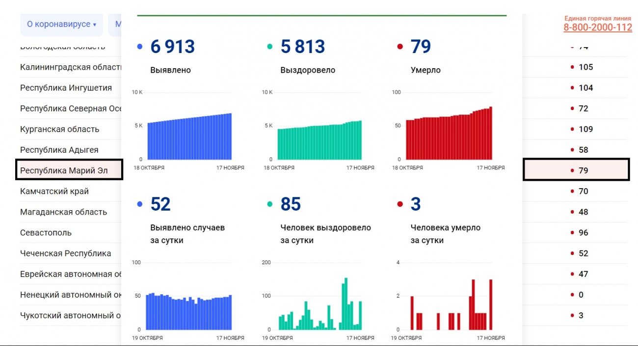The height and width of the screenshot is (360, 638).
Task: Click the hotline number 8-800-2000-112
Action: (x=597, y=28)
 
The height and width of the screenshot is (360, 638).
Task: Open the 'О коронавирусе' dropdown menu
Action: (x=61, y=24)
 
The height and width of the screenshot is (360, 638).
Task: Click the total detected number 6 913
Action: (x=172, y=47)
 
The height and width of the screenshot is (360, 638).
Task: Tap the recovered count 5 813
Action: (x=302, y=47)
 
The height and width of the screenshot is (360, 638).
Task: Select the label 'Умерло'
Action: (x=425, y=70)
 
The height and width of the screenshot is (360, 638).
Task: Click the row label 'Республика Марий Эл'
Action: (x=64, y=170)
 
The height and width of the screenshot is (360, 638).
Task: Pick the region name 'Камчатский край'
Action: (x=54, y=192)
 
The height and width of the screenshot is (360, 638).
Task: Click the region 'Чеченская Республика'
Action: (x=65, y=253)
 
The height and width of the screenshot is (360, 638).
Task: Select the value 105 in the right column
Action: (x=585, y=67)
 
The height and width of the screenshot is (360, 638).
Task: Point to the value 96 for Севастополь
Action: (x=583, y=233)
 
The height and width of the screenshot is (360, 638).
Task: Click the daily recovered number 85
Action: (x=291, y=204)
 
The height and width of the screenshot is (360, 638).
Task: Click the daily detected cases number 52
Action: (x=160, y=204)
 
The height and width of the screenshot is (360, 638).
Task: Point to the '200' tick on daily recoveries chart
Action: (x=266, y=263)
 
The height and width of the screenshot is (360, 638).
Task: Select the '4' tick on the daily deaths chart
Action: (x=398, y=263)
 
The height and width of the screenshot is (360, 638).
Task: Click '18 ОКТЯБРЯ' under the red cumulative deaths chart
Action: (x=407, y=168)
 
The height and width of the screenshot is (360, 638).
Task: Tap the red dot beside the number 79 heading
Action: (x=400, y=47)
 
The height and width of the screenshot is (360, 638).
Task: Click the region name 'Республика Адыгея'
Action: (x=59, y=150)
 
